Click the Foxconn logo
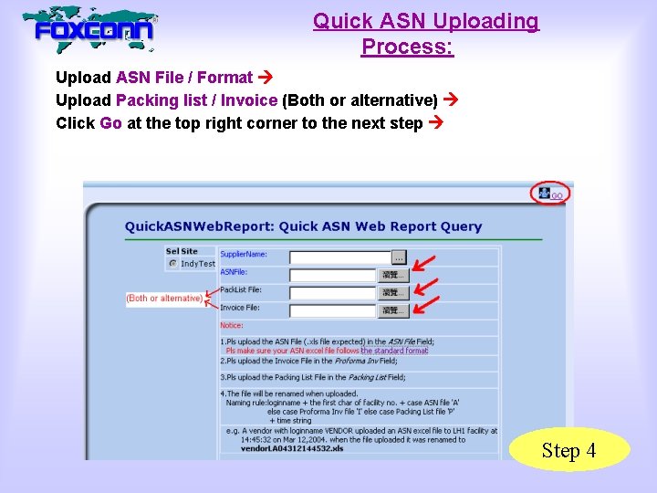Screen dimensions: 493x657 (91, 30)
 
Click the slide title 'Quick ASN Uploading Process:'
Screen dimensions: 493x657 (425, 33)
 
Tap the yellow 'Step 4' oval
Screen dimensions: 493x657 (568, 450)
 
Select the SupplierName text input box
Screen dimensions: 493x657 (339, 257)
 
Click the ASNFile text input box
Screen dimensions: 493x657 (333, 275)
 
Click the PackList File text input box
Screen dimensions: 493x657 (333, 293)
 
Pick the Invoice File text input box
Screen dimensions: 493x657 (333, 310)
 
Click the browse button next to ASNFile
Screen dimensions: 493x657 (393, 275)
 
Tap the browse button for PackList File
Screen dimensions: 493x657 (393, 293)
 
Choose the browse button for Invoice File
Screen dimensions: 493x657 (393, 310)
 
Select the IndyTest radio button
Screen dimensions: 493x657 (172, 264)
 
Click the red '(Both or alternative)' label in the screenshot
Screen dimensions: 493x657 (164, 299)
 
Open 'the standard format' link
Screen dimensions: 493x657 (394, 351)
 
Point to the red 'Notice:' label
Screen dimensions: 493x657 (232, 326)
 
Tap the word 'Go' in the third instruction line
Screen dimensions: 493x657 (111, 122)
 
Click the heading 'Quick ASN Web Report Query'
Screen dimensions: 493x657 (303, 226)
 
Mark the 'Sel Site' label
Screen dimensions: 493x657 (182, 251)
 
